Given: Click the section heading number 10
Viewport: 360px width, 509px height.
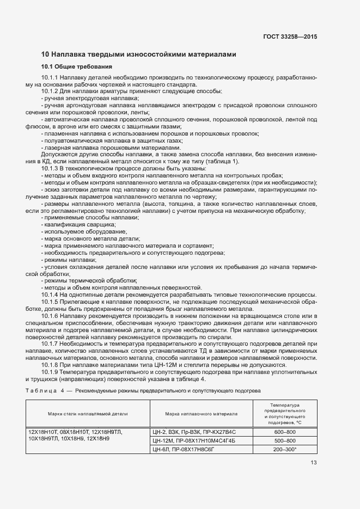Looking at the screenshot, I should click(45, 54).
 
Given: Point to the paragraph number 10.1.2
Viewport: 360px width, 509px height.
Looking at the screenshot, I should click(50, 91).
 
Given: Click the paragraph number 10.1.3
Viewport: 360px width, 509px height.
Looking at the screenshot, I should click(50, 168).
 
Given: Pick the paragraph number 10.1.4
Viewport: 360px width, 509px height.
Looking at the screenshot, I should click(50, 294).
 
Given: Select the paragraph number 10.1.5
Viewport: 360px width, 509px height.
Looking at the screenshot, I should click(50, 302).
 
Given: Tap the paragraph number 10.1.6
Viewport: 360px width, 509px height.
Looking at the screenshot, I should click(50, 316).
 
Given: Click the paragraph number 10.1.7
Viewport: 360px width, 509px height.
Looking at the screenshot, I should click(50, 344).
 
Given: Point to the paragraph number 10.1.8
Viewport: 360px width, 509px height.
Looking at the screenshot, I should click(50, 365).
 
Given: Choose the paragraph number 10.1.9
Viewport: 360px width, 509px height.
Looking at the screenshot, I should click(50, 372).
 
